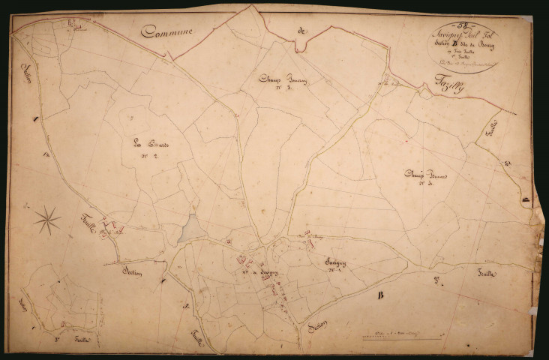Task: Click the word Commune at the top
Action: point(170,31)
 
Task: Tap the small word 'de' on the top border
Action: point(301,31)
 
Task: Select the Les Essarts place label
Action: point(149,144)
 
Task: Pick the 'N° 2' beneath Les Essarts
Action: point(149,156)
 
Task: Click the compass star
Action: point(47,219)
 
